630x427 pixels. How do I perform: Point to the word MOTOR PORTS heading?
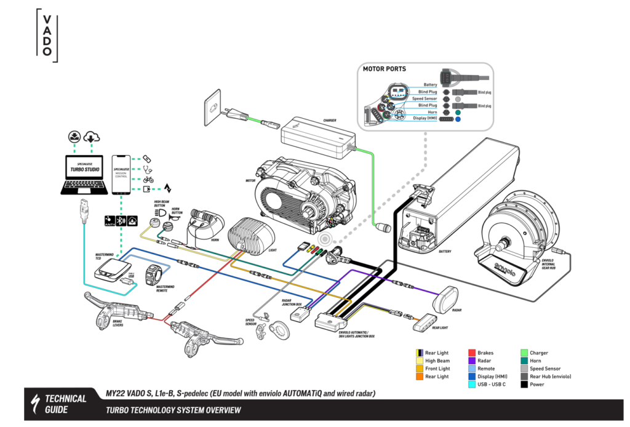coord(385,69)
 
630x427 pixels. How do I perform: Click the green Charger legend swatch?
coord(524,353)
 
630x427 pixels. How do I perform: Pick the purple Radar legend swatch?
coord(472,361)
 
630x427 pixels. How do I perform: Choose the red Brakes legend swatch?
coord(472,353)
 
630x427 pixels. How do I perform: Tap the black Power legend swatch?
coord(524,385)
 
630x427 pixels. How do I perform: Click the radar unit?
coord(447,299)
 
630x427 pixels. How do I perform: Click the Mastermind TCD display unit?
coord(112,268)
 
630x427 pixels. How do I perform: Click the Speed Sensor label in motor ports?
coord(425,98)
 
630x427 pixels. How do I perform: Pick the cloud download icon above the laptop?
coord(91,137)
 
